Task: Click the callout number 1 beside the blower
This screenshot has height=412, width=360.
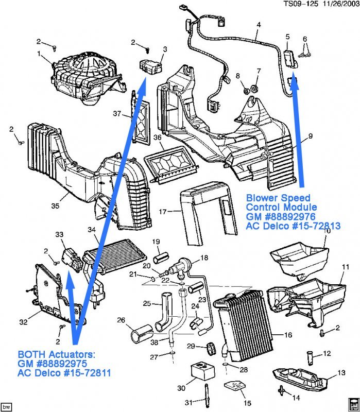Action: pyautogui.click(x=39, y=53)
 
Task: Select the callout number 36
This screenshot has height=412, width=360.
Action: pyautogui.click(x=158, y=138)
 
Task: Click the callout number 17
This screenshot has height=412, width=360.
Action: pyautogui.click(x=163, y=211)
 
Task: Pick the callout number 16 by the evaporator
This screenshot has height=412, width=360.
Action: pyautogui.click(x=288, y=334)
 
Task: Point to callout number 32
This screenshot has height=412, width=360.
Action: pyautogui.click(x=23, y=322)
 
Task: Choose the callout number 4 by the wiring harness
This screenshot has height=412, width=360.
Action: pyautogui.click(x=258, y=25)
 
